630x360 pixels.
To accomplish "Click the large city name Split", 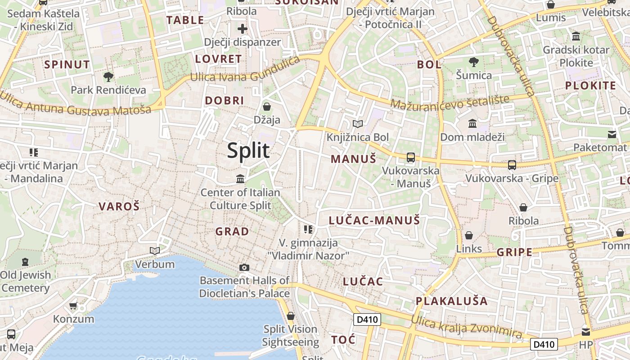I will coord(248,150).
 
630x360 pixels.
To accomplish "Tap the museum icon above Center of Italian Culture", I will coord(240,179).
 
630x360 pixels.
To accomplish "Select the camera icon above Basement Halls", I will coord(244,267).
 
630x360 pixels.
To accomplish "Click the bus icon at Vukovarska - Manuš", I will coord(410,157).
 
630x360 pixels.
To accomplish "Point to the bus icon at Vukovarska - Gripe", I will coord(512,165).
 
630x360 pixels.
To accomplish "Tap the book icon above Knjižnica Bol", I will coord(358,124).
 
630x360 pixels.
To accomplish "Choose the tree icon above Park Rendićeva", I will coord(108,76).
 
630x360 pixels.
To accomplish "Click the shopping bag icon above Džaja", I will coord(267,107).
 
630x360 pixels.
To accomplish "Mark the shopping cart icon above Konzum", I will coord(73,306).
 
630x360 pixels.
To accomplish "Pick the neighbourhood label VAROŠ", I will coord(119,207).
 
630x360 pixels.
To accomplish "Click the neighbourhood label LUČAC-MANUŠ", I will coord(374,220).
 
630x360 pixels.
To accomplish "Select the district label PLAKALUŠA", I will coord(451,301).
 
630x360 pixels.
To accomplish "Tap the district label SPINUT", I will coord(67,64).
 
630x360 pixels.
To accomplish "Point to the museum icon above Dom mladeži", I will coord(472,123).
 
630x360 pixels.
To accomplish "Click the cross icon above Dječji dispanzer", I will coord(243,29).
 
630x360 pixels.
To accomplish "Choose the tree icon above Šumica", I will coord(473,62).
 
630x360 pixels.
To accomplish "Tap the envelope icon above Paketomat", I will coord(612,134).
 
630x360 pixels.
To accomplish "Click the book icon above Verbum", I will coord(155,251).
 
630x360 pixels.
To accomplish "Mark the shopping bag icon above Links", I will coord(469,235).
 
